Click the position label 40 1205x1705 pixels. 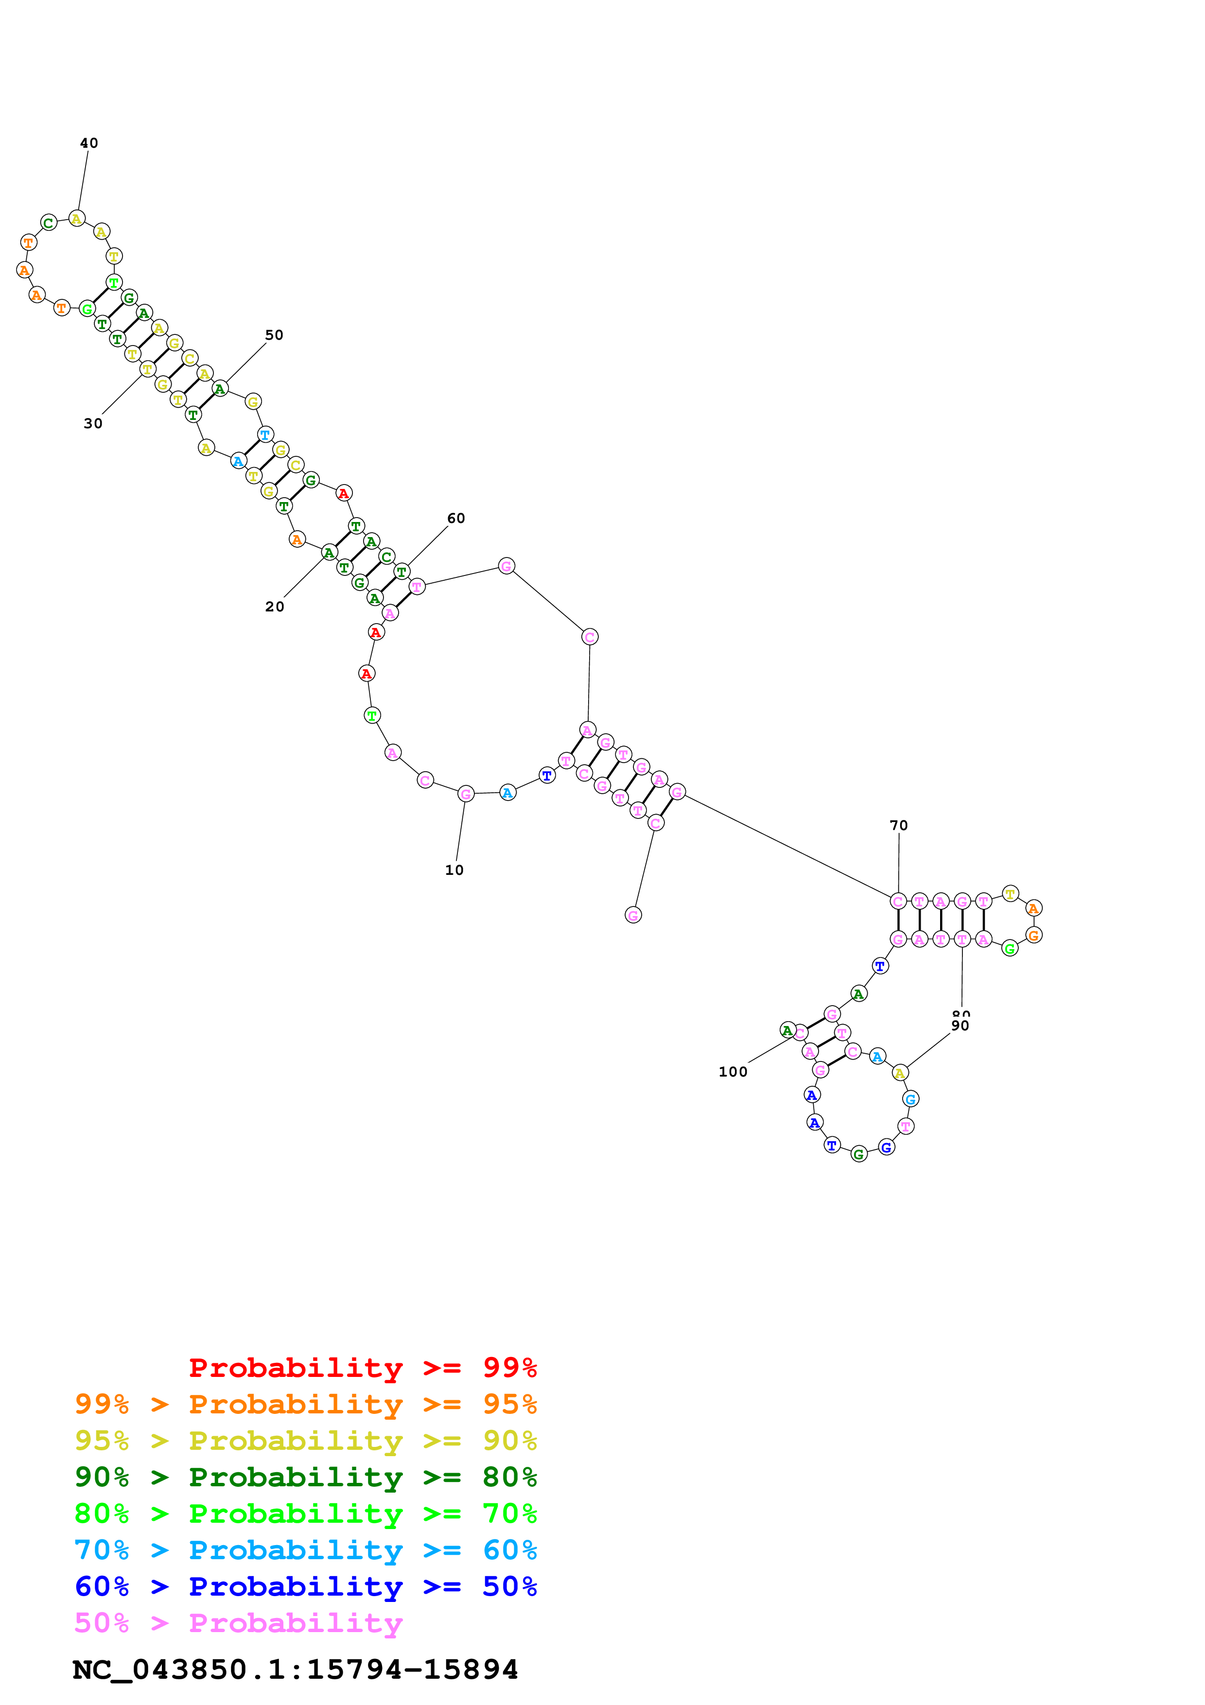[88, 143]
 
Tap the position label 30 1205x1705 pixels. [93, 424]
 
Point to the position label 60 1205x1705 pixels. [456, 518]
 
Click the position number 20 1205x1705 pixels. [275, 607]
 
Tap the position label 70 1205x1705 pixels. [898, 826]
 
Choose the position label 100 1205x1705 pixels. [733, 1072]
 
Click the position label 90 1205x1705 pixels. [960, 1026]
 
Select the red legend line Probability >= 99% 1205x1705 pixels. [362, 1367]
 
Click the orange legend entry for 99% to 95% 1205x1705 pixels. [305, 1404]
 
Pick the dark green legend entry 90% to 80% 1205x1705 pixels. [305, 1477]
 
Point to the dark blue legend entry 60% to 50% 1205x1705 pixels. [305, 1586]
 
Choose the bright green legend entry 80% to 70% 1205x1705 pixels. [305, 1514]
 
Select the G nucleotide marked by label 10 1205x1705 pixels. [466, 794]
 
